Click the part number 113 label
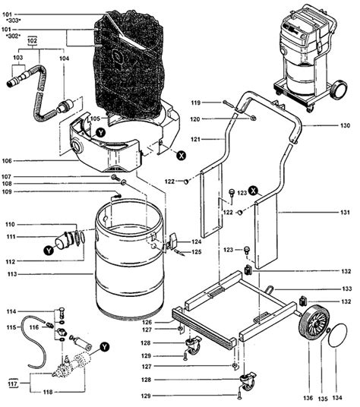(x=11, y=274)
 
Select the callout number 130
(x=346, y=125)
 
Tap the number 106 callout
(x=7, y=161)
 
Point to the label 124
(x=197, y=241)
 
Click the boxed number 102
(x=32, y=41)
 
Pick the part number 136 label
(x=308, y=398)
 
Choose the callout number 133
(x=347, y=289)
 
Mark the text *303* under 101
(x=13, y=21)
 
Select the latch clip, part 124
(x=172, y=240)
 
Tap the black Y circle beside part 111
(x=49, y=251)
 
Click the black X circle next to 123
(x=253, y=191)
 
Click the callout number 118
(x=48, y=392)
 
